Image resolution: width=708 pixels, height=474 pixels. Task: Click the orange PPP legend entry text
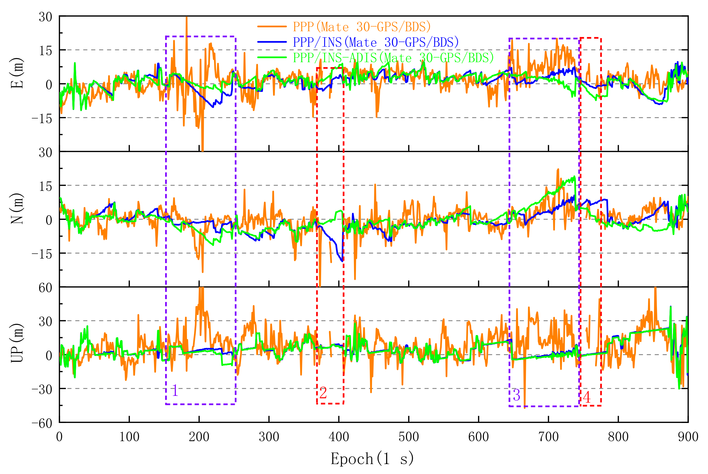[361, 27]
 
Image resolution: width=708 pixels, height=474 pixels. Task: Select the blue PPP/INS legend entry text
[376, 42]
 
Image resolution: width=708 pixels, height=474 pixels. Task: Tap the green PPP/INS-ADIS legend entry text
[393, 58]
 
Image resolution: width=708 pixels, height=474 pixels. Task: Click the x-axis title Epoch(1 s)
[372, 459]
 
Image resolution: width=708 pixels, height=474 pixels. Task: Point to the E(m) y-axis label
[17, 73]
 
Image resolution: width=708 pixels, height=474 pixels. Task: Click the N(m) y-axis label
[17, 208]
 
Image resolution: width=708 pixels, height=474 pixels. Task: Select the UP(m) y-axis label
[17, 343]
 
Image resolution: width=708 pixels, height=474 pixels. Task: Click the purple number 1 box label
[175, 390]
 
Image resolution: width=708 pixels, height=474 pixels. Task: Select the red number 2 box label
[323, 393]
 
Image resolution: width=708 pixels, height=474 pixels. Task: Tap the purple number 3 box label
[516, 395]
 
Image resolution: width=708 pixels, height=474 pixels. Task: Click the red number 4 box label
[587, 397]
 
